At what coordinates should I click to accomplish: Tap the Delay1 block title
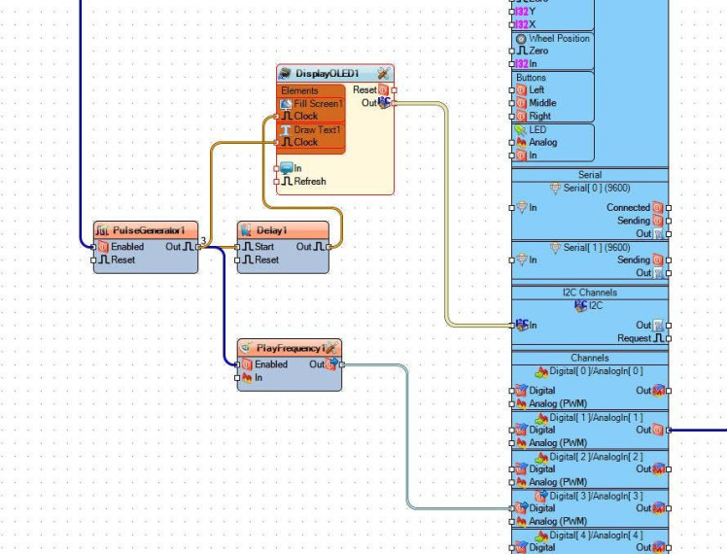pos(272,230)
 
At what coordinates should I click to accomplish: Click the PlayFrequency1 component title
pos(289,348)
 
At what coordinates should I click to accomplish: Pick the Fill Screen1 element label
pos(319,103)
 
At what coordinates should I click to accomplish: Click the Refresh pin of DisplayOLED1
pos(309,182)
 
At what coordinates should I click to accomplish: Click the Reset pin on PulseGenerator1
pos(121,260)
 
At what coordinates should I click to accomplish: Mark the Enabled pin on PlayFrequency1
pos(270,364)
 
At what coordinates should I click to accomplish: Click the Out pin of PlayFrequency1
pos(318,364)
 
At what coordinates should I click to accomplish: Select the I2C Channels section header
pos(590,292)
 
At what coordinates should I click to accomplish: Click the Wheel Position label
pos(559,38)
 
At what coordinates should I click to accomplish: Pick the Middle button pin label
pos(542,103)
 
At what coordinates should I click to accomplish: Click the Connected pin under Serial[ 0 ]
pos(628,208)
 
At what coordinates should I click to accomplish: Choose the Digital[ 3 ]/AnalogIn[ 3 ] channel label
pos(597,496)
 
